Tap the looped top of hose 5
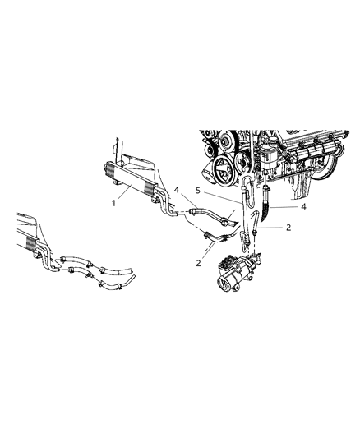click(x=243, y=182)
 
